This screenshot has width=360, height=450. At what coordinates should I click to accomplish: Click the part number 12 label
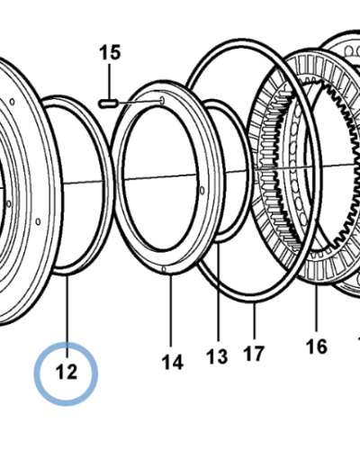67,372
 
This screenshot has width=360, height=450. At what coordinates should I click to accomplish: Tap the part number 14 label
173,362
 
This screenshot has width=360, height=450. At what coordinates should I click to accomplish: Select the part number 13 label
217,356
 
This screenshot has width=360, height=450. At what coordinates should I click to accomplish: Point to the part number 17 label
254,353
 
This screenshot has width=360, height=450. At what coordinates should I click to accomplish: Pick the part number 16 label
317,346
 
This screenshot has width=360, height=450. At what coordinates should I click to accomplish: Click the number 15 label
110,52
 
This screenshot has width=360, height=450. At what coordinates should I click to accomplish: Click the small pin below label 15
108,103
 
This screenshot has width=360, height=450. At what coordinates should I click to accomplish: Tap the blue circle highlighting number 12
66,373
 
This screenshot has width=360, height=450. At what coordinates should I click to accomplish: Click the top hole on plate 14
162,101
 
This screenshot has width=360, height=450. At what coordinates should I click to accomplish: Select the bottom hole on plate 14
164,269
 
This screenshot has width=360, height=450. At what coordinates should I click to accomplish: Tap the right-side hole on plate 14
202,190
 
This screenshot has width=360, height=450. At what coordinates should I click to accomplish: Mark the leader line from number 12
67,316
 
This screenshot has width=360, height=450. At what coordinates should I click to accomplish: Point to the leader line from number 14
171,310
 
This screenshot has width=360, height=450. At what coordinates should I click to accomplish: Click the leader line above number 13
218,291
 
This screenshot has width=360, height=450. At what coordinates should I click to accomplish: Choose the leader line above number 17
255,319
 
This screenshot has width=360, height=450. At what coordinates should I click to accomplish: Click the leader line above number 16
317,308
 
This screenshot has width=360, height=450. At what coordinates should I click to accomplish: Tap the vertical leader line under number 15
110,81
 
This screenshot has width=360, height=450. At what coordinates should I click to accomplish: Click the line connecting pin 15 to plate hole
139,103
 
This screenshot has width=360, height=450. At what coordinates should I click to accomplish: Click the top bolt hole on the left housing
13,102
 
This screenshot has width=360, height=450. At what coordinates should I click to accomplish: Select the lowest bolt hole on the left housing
38,221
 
